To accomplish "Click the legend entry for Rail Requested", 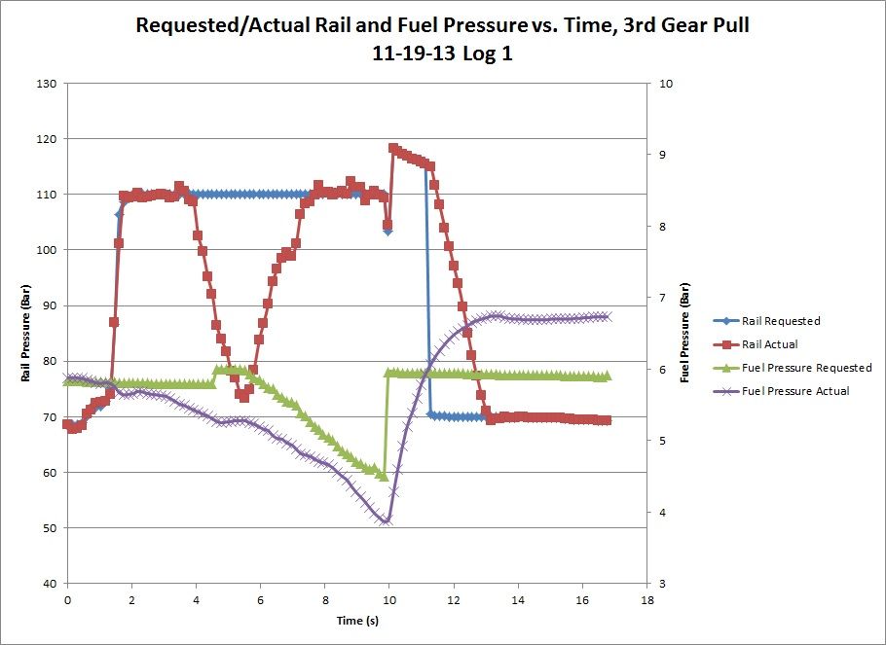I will (793, 321).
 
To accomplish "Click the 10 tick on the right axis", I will (666, 84).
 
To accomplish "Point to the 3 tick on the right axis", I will (663, 584).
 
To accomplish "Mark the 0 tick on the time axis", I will (67, 599).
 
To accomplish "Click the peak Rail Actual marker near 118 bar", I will (393, 149).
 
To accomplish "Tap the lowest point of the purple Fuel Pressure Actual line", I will (386, 521).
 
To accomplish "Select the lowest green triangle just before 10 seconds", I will (384, 477).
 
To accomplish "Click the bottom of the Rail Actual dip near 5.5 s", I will (243, 397).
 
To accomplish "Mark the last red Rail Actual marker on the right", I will (607, 420).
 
